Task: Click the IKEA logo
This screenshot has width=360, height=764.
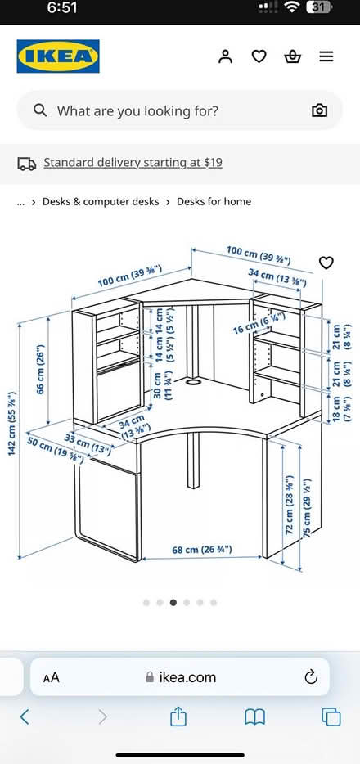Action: pyautogui.click(x=58, y=56)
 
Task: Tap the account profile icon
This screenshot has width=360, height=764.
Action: pyautogui.click(x=225, y=56)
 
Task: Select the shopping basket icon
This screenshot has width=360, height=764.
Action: pyautogui.click(x=292, y=57)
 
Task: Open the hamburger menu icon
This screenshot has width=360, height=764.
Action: pyautogui.click(x=326, y=57)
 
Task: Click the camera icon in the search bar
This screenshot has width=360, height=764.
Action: pyautogui.click(x=319, y=110)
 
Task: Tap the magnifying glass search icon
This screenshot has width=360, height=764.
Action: pyautogui.click(x=40, y=110)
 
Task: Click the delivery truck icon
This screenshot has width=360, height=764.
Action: pyautogui.click(x=27, y=164)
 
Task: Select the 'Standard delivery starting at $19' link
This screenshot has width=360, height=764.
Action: pyautogui.click(x=133, y=162)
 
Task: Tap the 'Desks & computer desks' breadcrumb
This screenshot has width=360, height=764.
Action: pyautogui.click(x=101, y=202)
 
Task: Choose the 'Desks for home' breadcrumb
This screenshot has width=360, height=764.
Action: pyautogui.click(x=214, y=202)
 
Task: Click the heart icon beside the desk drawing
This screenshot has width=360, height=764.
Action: pyautogui.click(x=326, y=263)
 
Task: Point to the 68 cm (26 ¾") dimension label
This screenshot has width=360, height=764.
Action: pyautogui.click(x=202, y=550)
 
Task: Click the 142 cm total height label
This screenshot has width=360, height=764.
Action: pyautogui.click(x=12, y=424)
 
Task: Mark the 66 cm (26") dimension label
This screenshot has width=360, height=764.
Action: pyautogui.click(x=41, y=369)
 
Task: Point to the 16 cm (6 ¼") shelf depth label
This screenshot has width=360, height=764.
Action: pyautogui.click(x=259, y=322)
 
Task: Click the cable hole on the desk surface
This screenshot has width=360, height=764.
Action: pyautogui.click(x=193, y=383)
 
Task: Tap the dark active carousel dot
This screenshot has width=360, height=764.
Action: pyautogui.click(x=173, y=603)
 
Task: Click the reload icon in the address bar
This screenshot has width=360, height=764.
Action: pyautogui.click(x=310, y=676)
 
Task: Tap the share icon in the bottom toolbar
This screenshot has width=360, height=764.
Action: pyautogui.click(x=178, y=717)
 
